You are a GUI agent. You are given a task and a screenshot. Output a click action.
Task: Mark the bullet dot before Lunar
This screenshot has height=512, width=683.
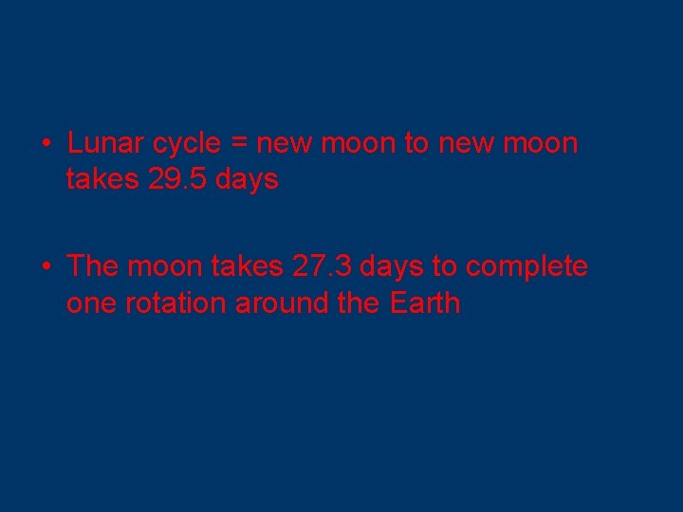(46, 144)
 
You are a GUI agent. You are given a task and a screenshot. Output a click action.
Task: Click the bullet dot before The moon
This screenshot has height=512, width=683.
(46, 267)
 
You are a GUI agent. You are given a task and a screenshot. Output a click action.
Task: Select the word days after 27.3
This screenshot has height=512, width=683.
(391, 267)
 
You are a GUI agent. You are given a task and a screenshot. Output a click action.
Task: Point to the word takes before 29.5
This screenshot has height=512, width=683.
(103, 178)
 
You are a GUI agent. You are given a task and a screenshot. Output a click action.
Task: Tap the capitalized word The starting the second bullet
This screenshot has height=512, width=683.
(92, 266)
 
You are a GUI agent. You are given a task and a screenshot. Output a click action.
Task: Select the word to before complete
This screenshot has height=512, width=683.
(445, 267)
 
